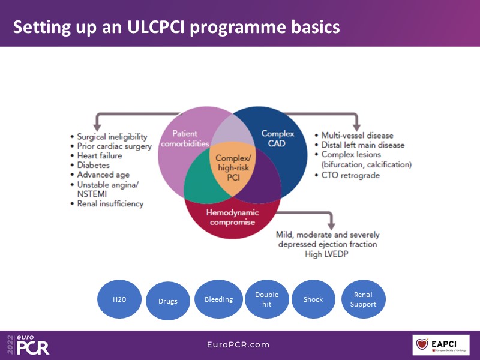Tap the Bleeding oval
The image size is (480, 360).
click(218, 299)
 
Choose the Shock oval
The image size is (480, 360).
click(313, 299)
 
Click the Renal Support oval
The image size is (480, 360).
click(363, 299)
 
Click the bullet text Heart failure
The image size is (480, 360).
click(100, 156)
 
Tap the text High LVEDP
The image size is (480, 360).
click(328, 254)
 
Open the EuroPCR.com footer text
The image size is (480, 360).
click(238, 344)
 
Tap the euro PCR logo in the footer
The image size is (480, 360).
click(28, 344)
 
